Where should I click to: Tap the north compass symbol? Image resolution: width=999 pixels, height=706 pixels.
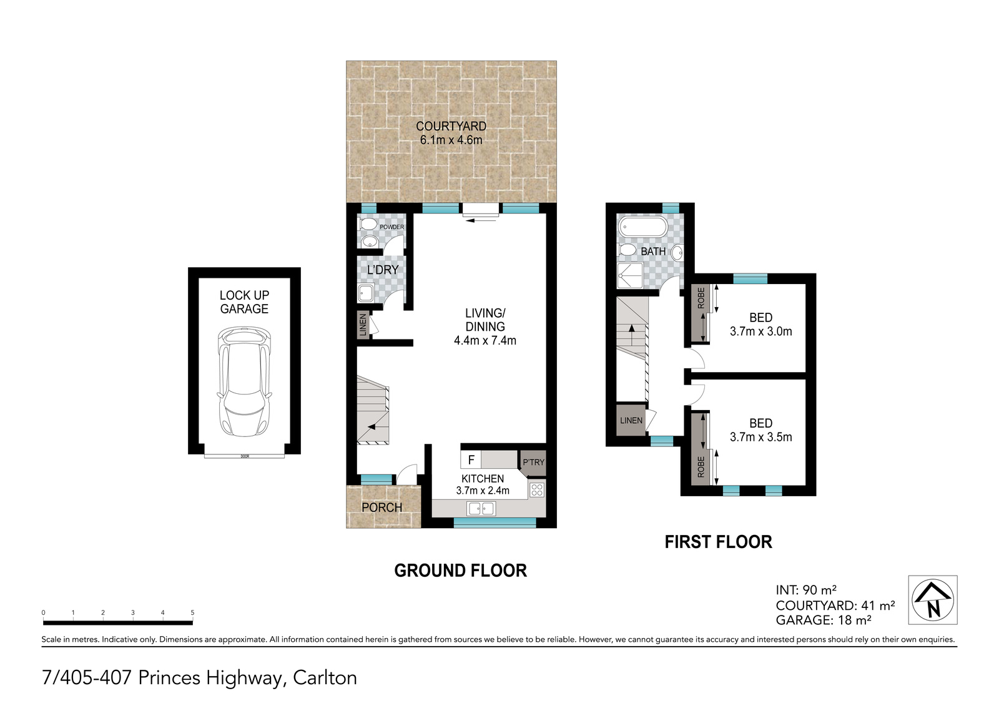pos(933,600)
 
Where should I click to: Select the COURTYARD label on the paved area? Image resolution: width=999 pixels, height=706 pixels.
pos(451,126)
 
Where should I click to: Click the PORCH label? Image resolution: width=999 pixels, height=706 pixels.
pos(381,507)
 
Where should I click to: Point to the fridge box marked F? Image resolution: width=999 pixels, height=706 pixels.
pos(471,460)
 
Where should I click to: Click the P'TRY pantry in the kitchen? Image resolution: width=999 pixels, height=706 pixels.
pos(533,463)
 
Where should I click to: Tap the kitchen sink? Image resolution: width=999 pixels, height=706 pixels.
pos(481,508)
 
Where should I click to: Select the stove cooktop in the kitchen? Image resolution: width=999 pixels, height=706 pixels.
pos(537,489)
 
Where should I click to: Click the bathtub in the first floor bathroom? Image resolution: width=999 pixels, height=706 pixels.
pos(642,226)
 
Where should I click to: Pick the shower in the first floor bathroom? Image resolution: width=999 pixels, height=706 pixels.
pos(631,276)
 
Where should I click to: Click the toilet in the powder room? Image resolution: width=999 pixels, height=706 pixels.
pos(368,224)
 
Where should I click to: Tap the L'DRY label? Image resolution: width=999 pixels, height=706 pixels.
pos(383,270)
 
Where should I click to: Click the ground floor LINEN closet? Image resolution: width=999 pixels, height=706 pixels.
pos(363,325)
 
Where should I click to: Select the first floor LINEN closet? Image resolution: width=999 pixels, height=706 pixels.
pos(631,420)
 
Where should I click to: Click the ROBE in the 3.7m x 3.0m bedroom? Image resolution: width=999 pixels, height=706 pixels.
pos(701,313)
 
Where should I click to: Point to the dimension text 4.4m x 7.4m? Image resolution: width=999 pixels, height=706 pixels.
pos(485,341)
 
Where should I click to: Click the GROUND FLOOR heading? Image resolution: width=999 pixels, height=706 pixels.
pos(461,571)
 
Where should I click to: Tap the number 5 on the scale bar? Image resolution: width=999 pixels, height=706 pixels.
pos(193,613)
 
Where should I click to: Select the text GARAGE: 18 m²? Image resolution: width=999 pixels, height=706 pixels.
pos(824,620)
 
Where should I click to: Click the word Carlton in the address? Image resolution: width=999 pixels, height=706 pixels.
pos(325,678)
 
